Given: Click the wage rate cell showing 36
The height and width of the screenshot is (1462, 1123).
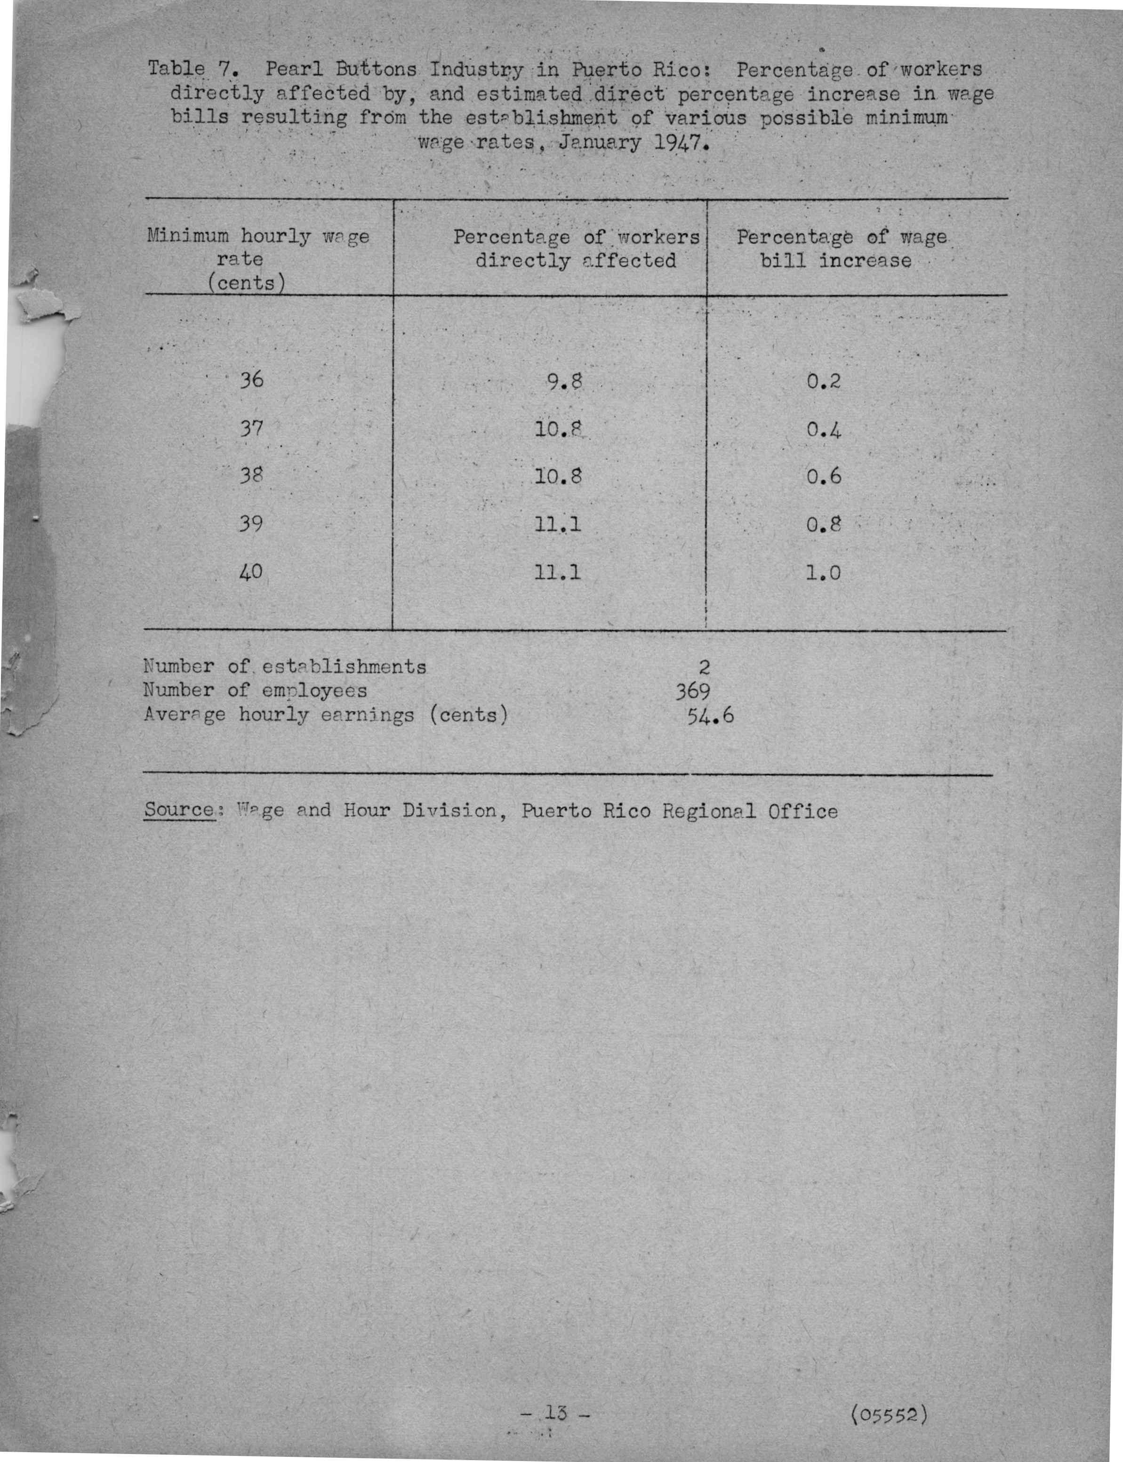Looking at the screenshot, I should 252,380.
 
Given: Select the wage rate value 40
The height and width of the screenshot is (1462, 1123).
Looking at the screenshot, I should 251,571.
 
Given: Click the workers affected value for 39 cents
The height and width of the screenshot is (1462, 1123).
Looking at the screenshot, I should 558,524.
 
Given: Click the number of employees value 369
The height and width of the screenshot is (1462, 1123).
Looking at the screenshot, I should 692,691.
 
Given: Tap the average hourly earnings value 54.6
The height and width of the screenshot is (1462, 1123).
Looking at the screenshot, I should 710,716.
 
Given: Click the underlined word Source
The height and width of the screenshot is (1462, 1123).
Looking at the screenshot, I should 178,810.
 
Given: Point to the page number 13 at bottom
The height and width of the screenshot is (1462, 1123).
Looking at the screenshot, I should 555,1413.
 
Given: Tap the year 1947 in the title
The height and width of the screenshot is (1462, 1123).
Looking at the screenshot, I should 677,143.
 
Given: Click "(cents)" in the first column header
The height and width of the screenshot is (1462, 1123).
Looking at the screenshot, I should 246,283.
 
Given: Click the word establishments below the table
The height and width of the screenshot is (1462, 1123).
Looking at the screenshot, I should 344,667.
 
